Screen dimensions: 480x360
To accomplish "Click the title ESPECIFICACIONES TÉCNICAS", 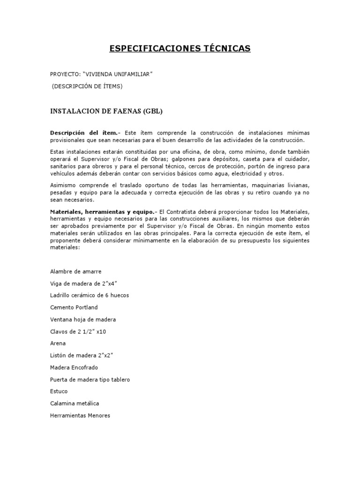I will pos(180,48).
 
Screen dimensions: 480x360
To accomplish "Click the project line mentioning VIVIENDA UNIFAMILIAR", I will pos(101,75).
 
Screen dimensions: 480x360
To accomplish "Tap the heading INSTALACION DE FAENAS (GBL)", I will pos(106,111).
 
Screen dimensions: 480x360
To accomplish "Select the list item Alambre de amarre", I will pos(75,271).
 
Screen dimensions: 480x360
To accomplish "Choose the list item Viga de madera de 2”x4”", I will pos(83,284).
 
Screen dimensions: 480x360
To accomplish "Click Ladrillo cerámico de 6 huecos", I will pos(89,295).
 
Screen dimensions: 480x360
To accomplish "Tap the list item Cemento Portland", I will pos(74,307).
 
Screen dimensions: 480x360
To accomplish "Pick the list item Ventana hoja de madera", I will pos(82,320).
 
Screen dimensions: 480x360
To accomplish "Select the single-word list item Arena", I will pos(58,344).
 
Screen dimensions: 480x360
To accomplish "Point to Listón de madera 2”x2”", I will pos(82,355).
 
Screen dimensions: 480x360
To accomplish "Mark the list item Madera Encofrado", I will pos(74,367).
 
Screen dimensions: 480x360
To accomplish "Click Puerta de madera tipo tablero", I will pos(90,379).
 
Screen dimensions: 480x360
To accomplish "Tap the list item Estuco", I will pos(59,391).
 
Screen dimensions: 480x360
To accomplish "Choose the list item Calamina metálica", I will pos(74,403).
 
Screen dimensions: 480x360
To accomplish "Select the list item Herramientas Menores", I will pos(80,415).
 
